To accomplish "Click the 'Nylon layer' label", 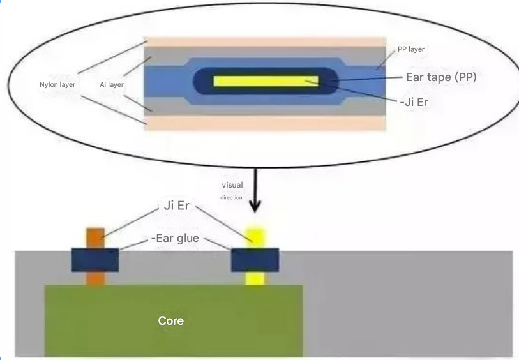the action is point(57,84).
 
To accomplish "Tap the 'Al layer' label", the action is point(112,84).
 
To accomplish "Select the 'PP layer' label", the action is point(411,49).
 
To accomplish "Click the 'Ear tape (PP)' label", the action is point(441,77).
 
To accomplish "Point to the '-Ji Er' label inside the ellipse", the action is point(414,102).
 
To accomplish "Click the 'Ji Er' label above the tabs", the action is point(176,206).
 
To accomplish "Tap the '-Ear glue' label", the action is point(175,238).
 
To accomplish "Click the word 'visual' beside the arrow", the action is point(232,185).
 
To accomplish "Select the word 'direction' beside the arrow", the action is point(231,197).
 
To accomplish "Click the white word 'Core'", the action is point(171,320).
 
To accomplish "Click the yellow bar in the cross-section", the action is point(266,81).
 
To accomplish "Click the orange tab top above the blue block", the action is point(95,238).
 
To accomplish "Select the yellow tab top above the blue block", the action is point(255,238).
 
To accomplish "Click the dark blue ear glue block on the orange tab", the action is point(95,260).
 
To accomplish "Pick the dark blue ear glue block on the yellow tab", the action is point(255,260).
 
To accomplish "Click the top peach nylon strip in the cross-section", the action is point(265,42).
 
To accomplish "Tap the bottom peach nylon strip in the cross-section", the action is point(265,123).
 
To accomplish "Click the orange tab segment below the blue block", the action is point(95,278).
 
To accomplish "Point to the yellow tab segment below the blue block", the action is point(255,278).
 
